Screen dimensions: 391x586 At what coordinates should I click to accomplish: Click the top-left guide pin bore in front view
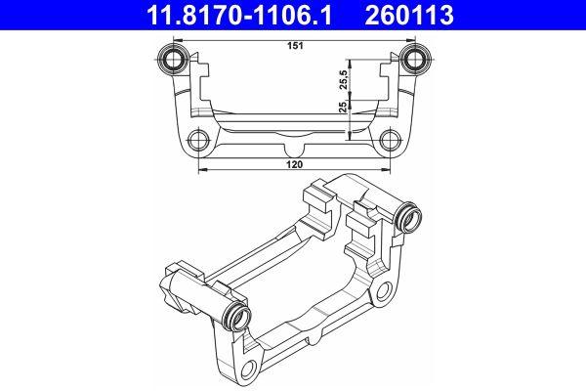click(x=176, y=60)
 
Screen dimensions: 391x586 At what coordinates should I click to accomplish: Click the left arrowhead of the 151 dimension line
click(x=180, y=50)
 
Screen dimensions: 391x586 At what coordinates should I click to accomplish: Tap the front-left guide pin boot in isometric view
click(x=237, y=315)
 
